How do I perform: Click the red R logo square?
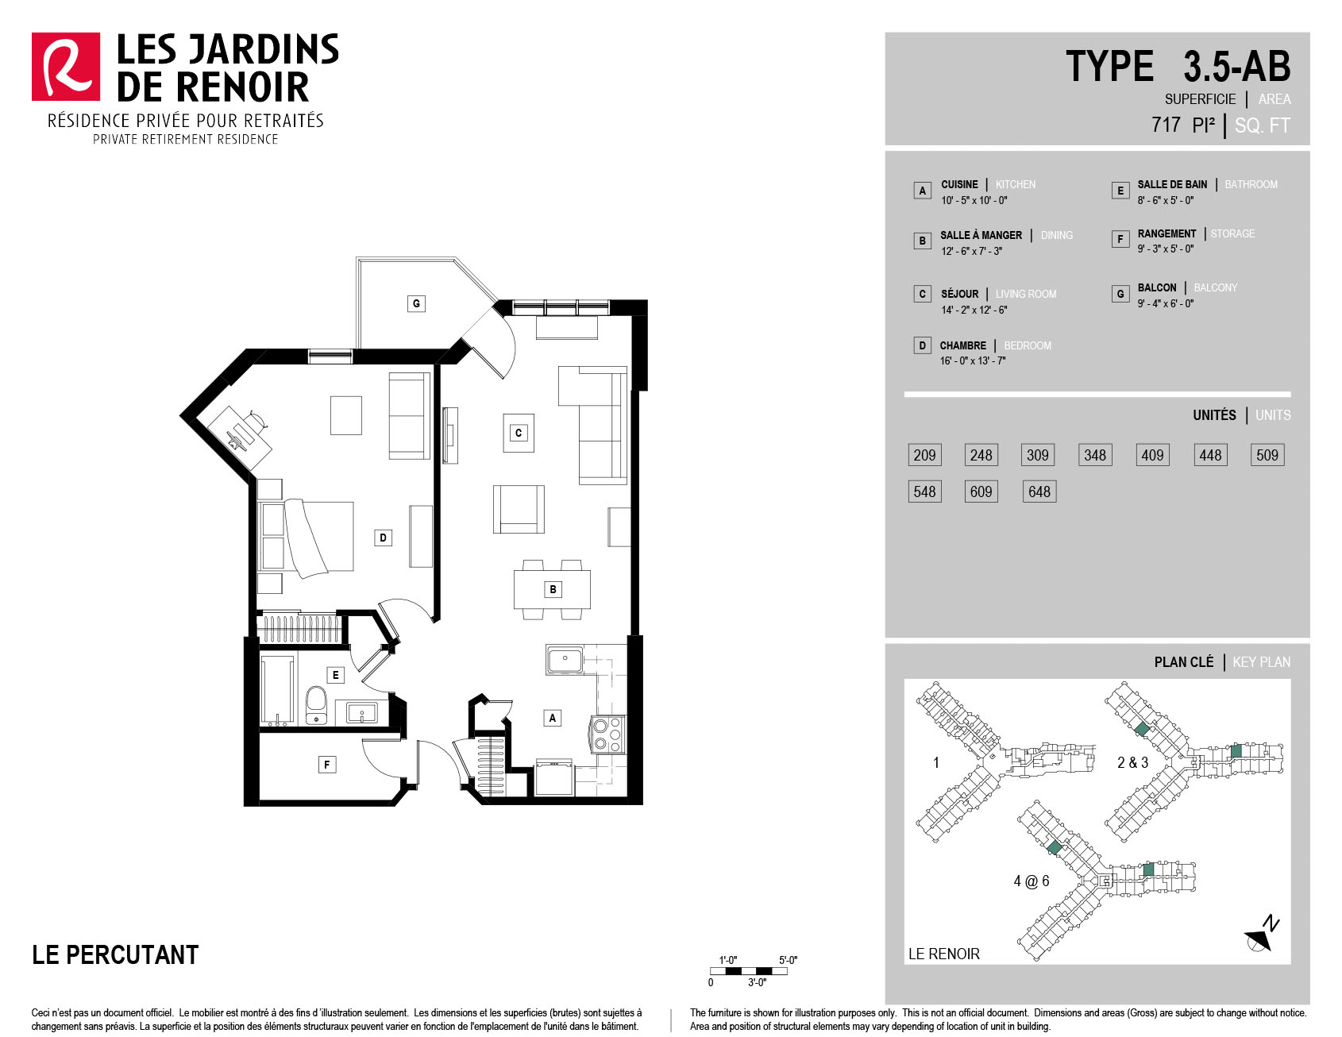pyautogui.click(x=66, y=67)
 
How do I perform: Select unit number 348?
pyautogui.click(x=1095, y=455)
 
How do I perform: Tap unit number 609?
pyautogui.click(x=981, y=492)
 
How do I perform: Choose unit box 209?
pyautogui.click(x=924, y=455)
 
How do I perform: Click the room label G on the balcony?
pyautogui.click(x=416, y=303)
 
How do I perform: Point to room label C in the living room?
pyautogui.click(x=519, y=433)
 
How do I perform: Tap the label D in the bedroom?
pyautogui.click(x=383, y=538)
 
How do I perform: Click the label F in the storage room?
pyautogui.click(x=326, y=765)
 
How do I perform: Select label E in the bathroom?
pyautogui.click(x=335, y=675)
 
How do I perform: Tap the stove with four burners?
pyautogui.click(x=608, y=734)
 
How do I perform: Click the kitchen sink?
pyautogui.click(x=565, y=660)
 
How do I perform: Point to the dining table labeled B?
pyautogui.click(x=552, y=589)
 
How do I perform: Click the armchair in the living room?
pyautogui.click(x=519, y=509)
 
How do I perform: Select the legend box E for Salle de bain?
pyautogui.click(x=1120, y=191)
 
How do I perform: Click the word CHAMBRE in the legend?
pyautogui.click(x=963, y=345)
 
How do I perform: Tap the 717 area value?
pyautogui.click(x=1166, y=125)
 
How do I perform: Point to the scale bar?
pyautogui.click(x=749, y=971)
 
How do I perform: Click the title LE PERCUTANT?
pyautogui.click(x=115, y=954)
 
